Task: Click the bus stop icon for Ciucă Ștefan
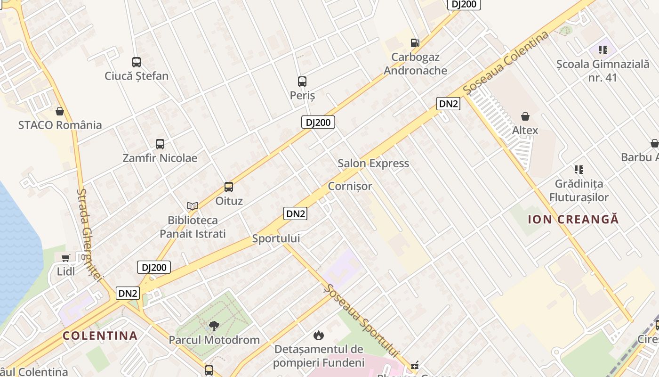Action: click(137, 62)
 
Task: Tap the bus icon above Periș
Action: click(302, 82)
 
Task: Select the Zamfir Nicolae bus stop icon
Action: click(160, 144)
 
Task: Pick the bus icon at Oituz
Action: click(229, 187)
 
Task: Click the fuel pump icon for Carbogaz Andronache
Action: click(415, 43)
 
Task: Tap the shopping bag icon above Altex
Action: click(525, 116)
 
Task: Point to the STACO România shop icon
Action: click(60, 111)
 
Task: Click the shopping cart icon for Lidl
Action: click(66, 258)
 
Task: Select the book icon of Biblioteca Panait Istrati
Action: click(193, 206)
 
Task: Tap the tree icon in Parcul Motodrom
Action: click(214, 326)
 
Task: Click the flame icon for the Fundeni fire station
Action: click(319, 335)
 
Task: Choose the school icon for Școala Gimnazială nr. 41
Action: click(603, 49)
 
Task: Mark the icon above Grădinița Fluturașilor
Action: click(579, 170)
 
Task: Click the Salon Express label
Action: click(373, 164)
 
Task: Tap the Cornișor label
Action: click(350, 186)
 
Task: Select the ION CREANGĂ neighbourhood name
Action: click(573, 219)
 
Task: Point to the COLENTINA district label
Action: click(100, 336)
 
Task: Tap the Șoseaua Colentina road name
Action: click(506, 62)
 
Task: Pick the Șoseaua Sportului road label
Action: click(361, 320)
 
